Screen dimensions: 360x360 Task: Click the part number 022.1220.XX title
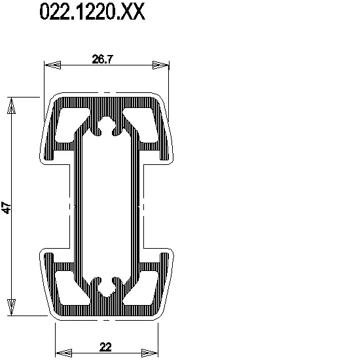(x=92, y=12)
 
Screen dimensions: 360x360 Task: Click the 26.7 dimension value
(x=102, y=59)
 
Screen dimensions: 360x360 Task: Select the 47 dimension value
(x=6, y=207)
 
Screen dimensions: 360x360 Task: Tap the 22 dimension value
(x=105, y=347)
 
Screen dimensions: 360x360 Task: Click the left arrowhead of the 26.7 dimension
(x=53, y=65)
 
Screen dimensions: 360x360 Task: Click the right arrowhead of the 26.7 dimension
(x=160, y=65)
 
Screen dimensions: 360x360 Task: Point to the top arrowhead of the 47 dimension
(x=11, y=105)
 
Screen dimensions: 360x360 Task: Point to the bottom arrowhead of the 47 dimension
(x=11, y=307)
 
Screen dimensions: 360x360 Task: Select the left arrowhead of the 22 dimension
(x=64, y=353)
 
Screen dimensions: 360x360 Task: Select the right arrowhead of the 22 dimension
(x=149, y=353)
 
